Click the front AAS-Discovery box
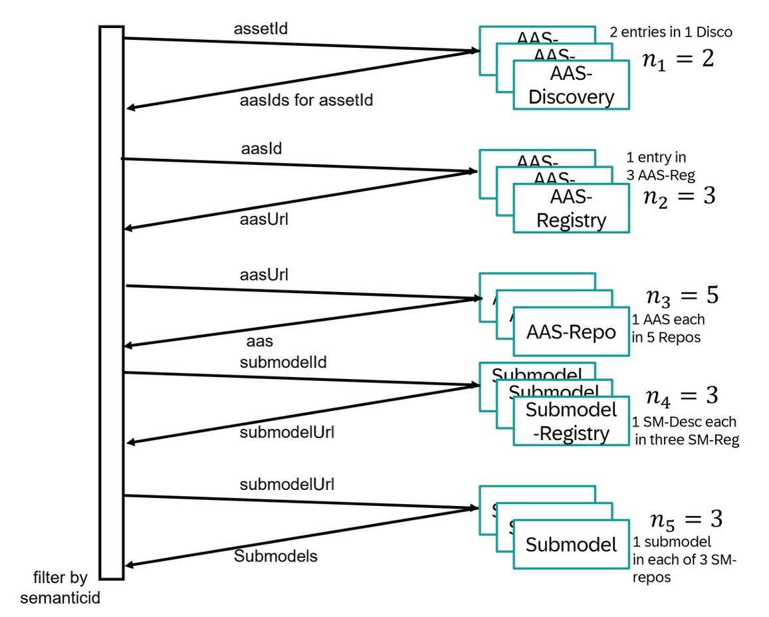tap(571, 85)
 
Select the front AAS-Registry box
tap(571, 208)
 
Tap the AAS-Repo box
tap(571, 331)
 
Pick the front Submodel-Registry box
tap(571, 422)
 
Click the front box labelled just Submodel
tap(571, 545)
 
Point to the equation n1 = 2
tap(677, 59)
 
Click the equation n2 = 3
tap(679, 195)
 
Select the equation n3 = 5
tap(682, 296)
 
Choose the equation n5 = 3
tap(684, 519)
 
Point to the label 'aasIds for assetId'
tap(306, 100)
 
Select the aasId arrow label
tap(261, 148)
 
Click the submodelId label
tap(283, 362)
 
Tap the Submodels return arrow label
tap(275, 556)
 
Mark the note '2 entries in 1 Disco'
tap(671, 32)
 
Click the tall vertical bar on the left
tap(112, 303)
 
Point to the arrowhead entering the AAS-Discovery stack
tap(474, 51)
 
